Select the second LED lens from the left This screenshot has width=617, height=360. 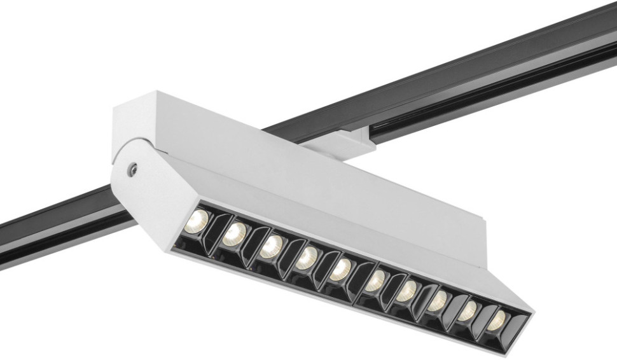coord(233,233)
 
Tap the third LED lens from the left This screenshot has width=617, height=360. coord(272,246)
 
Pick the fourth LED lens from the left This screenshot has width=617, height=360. coord(307,257)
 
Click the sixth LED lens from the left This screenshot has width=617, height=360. coord(377,279)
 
